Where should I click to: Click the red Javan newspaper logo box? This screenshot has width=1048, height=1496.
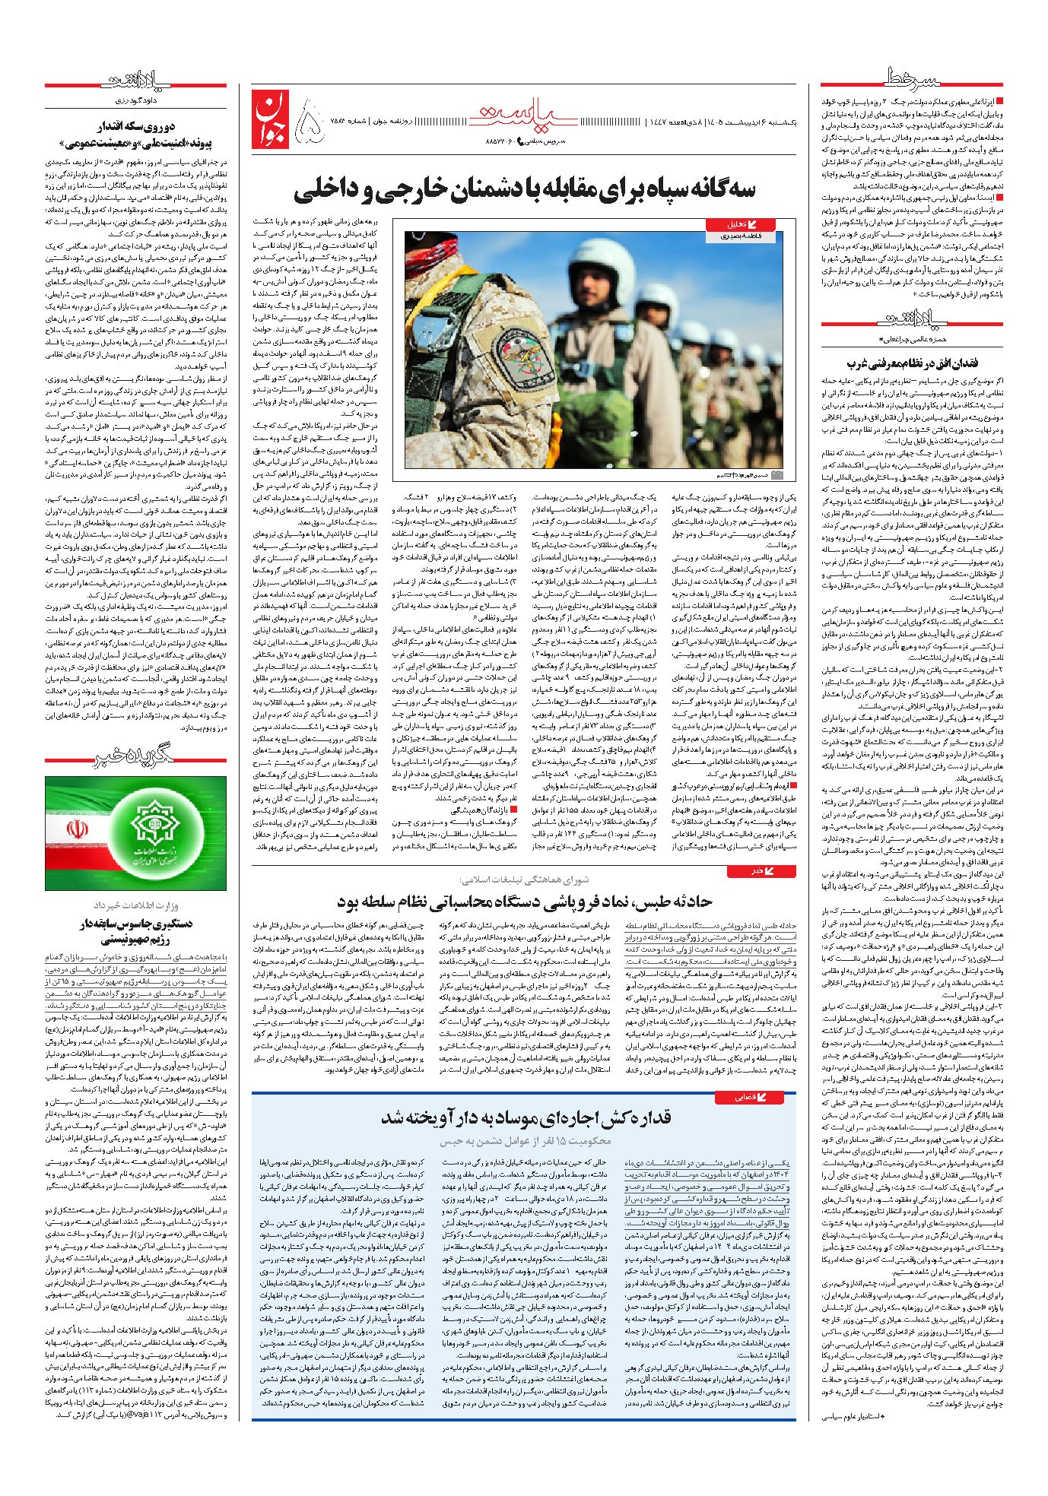(271, 121)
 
